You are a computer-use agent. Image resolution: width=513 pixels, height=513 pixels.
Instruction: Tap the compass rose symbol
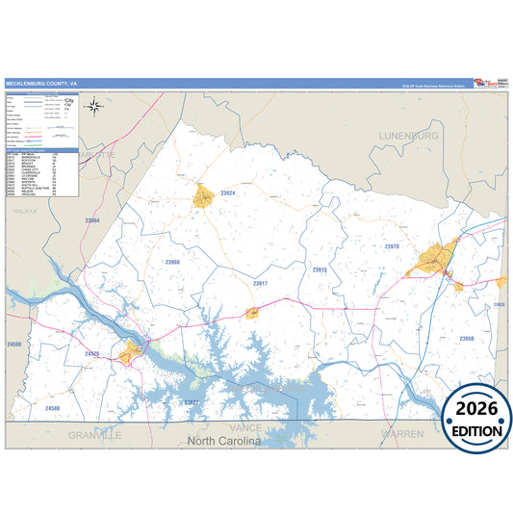[93, 106]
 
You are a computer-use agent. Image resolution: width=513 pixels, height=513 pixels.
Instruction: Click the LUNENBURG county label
[408, 136]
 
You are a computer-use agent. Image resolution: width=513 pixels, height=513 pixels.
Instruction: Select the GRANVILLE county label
[95, 435]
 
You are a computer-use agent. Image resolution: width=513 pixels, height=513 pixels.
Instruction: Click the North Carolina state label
[223, 441]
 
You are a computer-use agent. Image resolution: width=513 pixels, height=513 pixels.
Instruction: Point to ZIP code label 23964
[92, 221]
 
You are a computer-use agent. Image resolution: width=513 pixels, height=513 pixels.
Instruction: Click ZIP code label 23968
[172, 262]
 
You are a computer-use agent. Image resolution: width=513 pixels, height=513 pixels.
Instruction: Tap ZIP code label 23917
[260, 284]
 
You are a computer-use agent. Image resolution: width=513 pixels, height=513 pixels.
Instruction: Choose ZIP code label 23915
[320, 270]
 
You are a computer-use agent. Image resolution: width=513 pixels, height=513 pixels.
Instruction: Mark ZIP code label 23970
[392, 246]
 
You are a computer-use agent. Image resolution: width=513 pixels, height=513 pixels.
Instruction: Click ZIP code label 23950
[466, 339]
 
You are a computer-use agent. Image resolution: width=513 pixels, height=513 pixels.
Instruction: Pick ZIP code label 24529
[92, 354]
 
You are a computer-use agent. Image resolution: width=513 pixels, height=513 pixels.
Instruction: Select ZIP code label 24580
[52, 408]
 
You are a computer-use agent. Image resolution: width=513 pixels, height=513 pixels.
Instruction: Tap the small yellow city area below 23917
[252, 311]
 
